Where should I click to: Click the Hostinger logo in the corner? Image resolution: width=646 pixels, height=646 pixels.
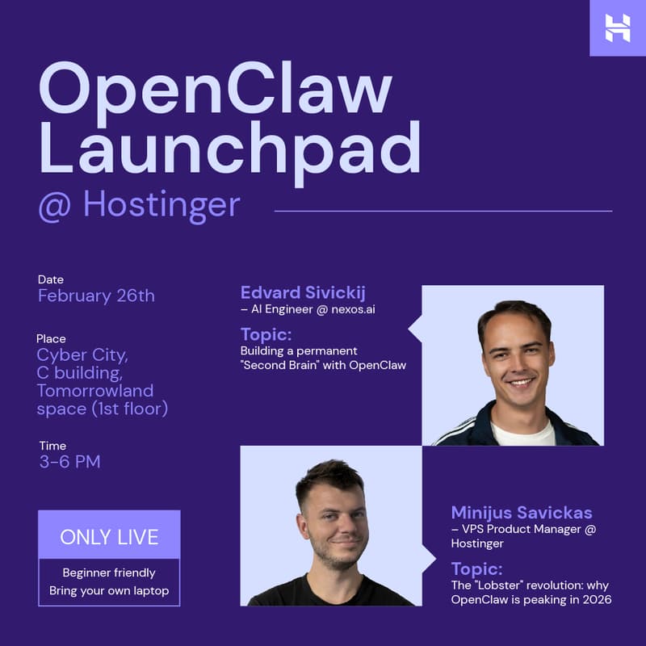[x=618, y=27]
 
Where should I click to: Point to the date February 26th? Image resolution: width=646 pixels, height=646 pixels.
[x=96, y=296]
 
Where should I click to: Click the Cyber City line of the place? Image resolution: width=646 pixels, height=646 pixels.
[x=82, y=355]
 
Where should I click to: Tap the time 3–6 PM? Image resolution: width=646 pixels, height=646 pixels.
[x=69, y=462]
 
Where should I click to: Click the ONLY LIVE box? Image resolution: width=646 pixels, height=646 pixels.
[x=109, y=536]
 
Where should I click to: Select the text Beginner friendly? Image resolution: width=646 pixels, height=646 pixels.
[x=109, y=573]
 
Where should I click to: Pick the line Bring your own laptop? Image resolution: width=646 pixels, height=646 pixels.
[x=109, y=590]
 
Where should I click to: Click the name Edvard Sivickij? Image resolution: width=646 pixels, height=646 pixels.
[x=303, y=292]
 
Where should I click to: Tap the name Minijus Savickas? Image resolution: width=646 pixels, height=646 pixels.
[x=522, y=513]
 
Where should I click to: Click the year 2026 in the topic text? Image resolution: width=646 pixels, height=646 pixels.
[x=594, y=599]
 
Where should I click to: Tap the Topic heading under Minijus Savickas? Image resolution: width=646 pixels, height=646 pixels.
[x=476, y=568]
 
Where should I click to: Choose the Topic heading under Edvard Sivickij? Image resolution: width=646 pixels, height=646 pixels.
[x=266, y=334]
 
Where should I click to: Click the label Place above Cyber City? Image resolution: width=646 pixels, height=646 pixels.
[x=51, y=338]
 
